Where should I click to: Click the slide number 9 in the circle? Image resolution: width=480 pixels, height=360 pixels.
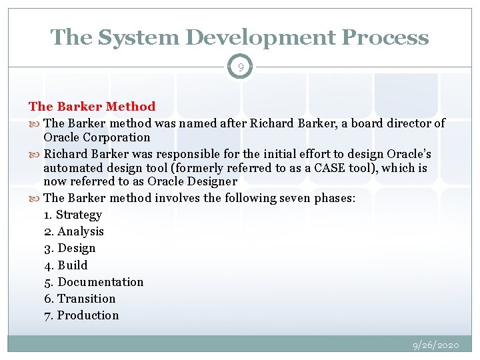click(x=240, y=67)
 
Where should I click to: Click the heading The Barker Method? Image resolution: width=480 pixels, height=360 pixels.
click(x=92, y=107)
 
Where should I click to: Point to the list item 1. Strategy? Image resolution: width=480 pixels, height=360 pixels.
click(x=73, y=215)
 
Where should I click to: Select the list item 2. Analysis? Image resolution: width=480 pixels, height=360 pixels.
click(x=73, y=231)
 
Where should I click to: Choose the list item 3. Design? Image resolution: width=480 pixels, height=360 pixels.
click(x=69, y=248)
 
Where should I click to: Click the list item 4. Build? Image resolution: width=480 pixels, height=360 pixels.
click(x=65, y=265)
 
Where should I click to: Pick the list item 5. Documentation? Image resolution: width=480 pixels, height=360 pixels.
click(x=93, y=282)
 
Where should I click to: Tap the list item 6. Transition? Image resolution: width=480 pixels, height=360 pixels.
click(x=79, y=299)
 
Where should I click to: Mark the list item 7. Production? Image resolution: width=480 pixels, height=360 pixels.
click(x=81, y=315)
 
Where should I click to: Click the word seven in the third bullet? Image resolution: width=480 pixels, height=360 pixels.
click(x=285, y=198)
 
